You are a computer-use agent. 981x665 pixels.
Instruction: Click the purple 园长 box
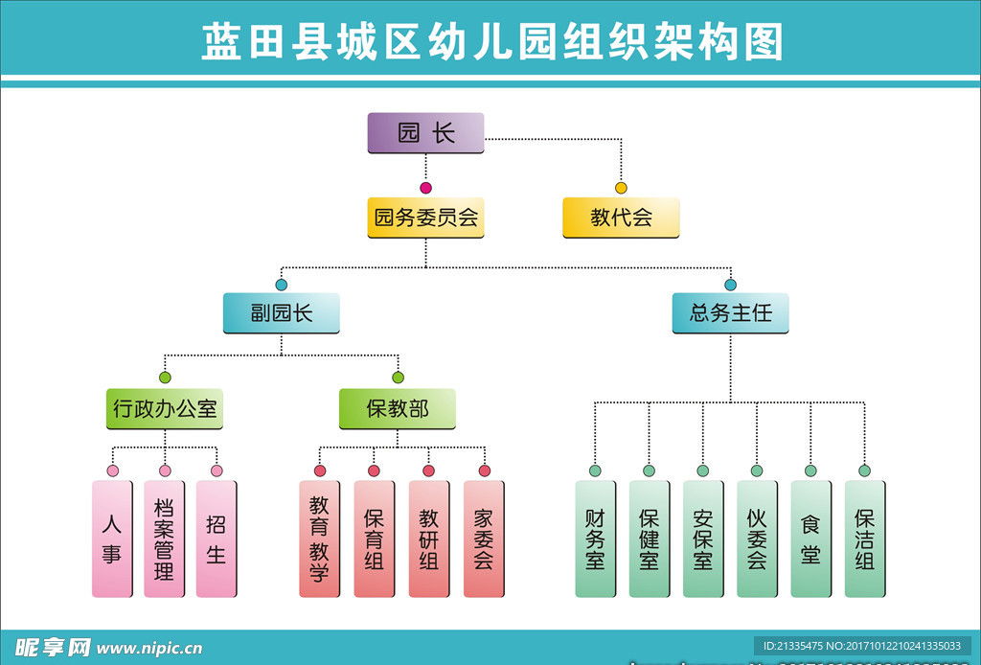click(425, 133)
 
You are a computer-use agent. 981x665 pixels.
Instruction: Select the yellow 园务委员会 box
click(425, 218)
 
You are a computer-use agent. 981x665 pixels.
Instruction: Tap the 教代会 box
click(621, 218)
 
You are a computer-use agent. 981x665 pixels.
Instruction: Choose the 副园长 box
click(281, 313)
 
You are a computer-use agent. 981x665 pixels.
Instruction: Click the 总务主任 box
click(730, 313)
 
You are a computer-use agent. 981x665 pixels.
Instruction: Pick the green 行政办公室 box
click(165, 409)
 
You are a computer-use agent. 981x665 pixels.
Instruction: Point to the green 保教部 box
click(397, 409)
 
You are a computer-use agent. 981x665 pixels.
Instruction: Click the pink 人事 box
click(112, 539)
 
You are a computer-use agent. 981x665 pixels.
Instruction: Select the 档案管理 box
click(164, 539)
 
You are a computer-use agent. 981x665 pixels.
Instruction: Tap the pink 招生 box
click(216, 539)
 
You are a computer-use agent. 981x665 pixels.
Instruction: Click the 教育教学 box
click(319, 539)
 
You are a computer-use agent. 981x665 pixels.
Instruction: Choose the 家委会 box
click(484, 539)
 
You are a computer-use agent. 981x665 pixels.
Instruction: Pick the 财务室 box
click(595, 539)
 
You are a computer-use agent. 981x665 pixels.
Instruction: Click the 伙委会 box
click(757, 539)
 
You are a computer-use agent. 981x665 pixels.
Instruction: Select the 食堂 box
click(810, 539)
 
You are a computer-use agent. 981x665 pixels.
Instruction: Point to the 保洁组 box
click(864, 539)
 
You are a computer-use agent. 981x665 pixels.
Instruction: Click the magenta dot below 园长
click(425, 188)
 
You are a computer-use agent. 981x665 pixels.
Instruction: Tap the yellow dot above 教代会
click(621, 188)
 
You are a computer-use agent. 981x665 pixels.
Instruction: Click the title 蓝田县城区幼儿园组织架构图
click(490, 42)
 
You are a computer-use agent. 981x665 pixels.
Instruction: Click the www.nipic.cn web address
click(149, 649)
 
